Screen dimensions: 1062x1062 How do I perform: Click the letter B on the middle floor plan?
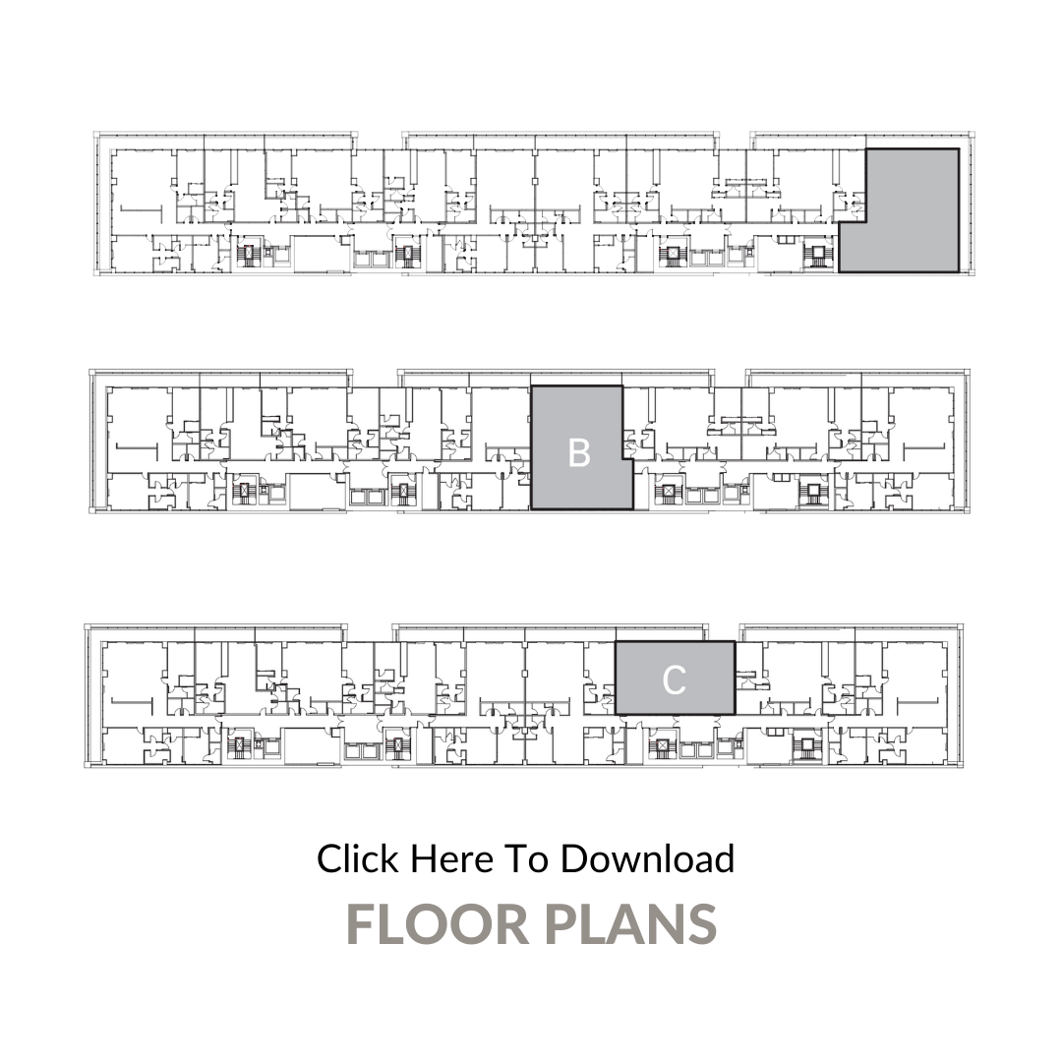579,453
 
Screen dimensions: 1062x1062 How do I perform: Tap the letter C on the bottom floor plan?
674,680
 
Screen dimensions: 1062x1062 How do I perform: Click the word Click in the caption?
358,858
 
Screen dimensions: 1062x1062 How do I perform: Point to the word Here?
451,858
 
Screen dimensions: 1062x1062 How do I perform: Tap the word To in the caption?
526,858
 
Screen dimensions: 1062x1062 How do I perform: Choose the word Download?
647,858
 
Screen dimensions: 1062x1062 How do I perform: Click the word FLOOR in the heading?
438,923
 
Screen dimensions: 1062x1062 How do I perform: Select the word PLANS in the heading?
630,923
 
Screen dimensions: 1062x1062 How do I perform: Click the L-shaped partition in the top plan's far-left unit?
143,210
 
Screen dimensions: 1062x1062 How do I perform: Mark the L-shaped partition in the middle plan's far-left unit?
138,447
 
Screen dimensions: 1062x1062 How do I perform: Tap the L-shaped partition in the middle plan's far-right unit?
924,447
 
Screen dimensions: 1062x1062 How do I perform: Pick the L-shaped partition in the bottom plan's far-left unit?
132,702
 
